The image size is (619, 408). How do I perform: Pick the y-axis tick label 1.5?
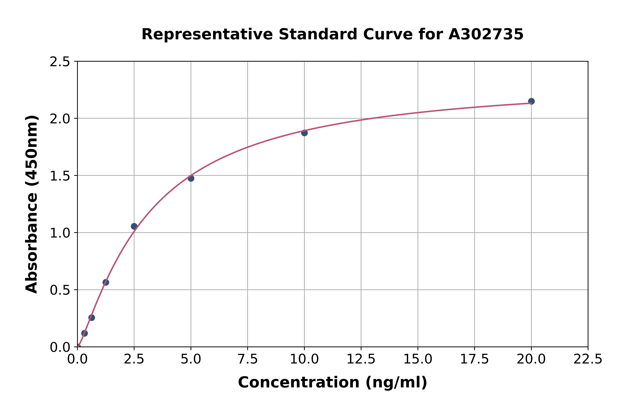click(x=60, y=176)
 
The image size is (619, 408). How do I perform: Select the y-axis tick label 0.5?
click(x=60, y=290)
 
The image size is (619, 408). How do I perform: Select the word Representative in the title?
click(x=207, y=34)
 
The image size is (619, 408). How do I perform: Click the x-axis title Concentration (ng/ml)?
click(x=332, y=382)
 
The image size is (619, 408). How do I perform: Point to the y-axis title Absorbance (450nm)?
click(x=32, y=204)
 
